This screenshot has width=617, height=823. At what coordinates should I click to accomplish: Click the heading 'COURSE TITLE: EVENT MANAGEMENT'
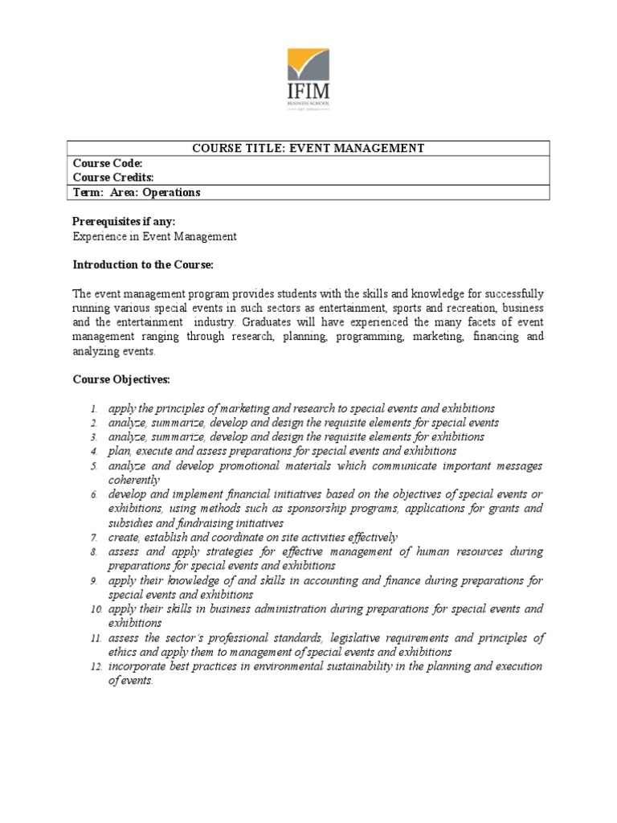pos(308,148)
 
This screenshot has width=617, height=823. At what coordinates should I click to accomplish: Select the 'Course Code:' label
pos(108,163)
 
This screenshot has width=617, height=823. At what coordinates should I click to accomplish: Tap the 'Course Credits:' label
pos(113,178)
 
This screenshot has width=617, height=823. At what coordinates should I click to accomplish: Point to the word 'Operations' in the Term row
pos(171,193)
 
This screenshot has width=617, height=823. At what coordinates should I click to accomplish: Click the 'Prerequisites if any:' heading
pos(124,222)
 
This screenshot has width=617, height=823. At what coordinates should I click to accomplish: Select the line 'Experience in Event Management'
pos(154,236)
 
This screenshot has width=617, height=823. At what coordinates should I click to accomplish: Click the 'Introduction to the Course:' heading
pos(143,264)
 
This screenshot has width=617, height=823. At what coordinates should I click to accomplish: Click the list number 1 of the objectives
pos(94,409)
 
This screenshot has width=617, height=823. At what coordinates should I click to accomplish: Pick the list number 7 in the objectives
pos(94,538)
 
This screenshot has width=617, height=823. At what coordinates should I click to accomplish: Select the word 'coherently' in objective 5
pos(134,480)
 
